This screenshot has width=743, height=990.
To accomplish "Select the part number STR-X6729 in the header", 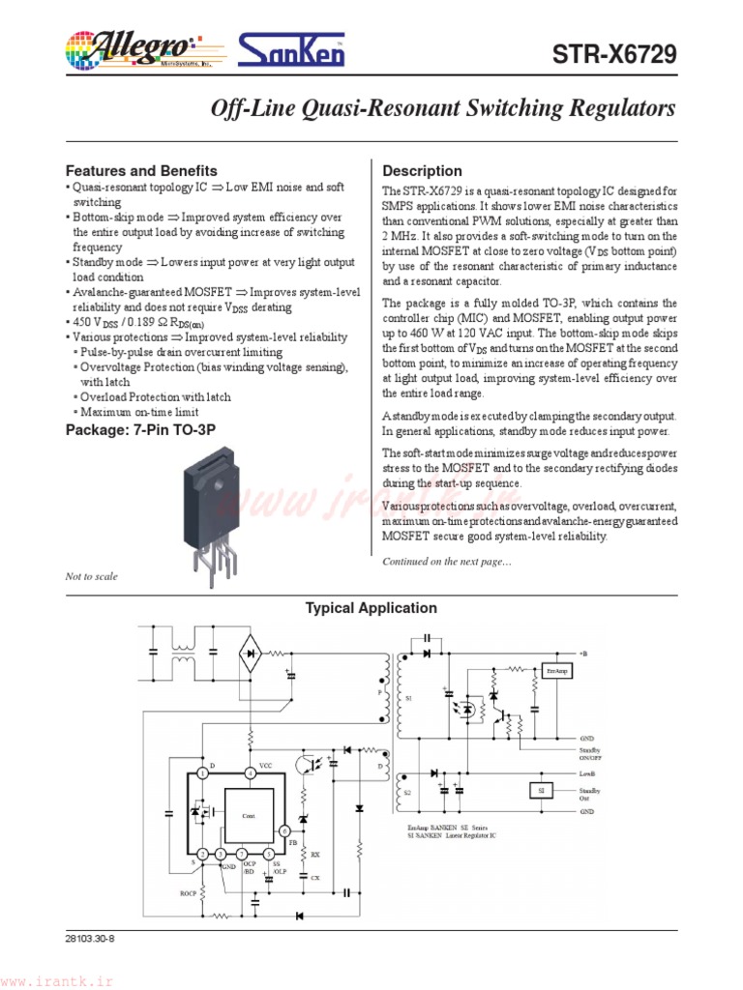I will (x=614, y=55).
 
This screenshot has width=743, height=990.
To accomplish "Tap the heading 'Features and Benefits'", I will (x=141, y=170).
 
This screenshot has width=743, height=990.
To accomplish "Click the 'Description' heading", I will (x=423, y=171).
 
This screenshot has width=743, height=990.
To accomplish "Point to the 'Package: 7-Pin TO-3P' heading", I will (x=140, y=429).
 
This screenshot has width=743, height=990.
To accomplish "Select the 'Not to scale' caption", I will (x=91, y=576).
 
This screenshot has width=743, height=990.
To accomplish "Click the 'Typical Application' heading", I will (x=371, y=608).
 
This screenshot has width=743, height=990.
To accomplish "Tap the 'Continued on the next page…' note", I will (x=447, y=562).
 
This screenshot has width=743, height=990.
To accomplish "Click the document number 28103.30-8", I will (x=92, y=938).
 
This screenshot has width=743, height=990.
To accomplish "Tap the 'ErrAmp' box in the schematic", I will (x=556, y=670).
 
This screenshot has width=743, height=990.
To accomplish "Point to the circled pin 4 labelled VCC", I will (x=250, y=772).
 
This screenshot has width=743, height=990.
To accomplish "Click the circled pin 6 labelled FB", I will (x=285, y=831).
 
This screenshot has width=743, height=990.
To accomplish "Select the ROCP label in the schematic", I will (x=188, y=892).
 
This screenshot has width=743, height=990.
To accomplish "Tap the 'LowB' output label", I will (x=587, y=773).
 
